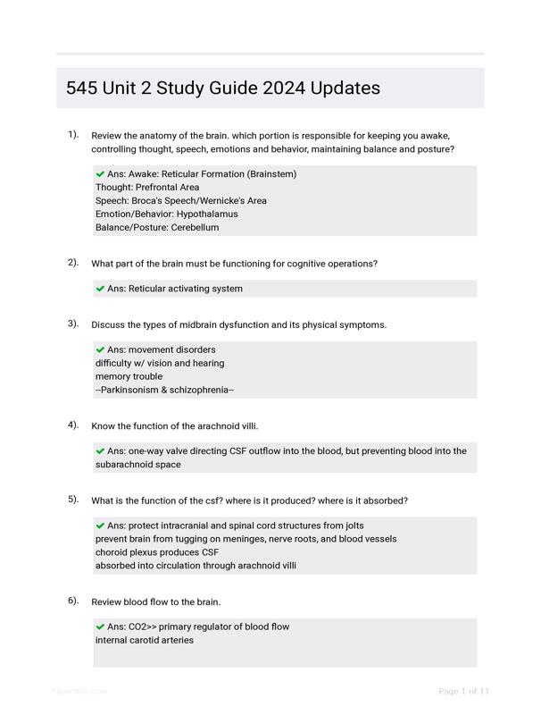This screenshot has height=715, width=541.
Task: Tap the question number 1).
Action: coord(73,135)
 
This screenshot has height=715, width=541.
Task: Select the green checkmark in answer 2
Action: coord(100,289)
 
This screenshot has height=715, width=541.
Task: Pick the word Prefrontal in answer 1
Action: coord(157,188)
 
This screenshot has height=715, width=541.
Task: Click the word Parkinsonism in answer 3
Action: coord(130,390)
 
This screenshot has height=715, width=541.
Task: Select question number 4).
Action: coord(73,425)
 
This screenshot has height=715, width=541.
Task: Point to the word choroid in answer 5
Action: coord(112,552)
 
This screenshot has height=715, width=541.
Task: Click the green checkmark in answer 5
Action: coord(100,526)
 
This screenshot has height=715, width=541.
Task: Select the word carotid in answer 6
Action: coord(147,640)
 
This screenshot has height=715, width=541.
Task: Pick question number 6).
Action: coord(73,601)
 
